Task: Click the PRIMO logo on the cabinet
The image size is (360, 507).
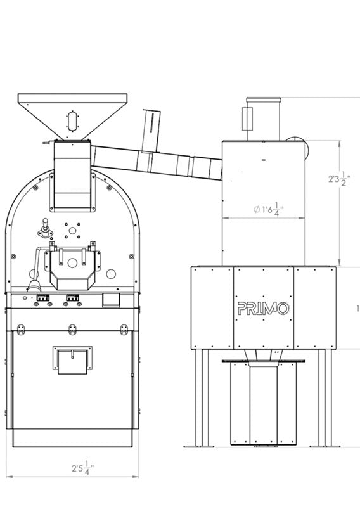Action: pos(263,309)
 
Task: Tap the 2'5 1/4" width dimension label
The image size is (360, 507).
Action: pos(83,468)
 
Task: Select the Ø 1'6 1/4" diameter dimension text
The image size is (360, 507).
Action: pos(269,209)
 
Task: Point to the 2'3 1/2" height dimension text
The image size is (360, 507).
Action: pos(339,179)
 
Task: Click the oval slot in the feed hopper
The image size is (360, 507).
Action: pos(72,121)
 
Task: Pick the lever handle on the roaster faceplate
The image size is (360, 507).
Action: pos(45,228)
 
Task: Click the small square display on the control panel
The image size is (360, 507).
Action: pos(111,300)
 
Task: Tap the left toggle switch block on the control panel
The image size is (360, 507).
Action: pos(42,298)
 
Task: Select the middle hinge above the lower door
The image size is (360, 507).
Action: pos(72,329)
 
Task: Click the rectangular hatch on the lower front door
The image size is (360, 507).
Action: pos(72,360)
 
